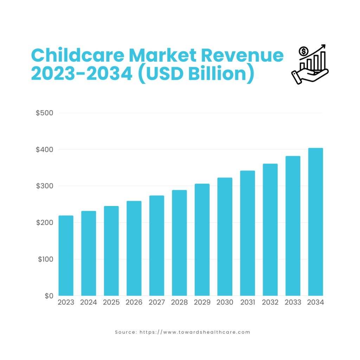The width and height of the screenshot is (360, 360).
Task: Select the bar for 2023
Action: [x=66, y=256]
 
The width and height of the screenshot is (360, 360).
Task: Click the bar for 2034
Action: [x=315, y=222]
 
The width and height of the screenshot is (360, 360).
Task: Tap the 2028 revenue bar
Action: [x=179, y=243]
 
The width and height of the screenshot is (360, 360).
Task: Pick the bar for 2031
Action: [x=247, y=233]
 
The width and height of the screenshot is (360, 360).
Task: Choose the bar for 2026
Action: [x=134, y=248]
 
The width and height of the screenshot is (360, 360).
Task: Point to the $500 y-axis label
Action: [x=44, y=113]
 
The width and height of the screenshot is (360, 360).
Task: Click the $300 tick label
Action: [x=44, y=186]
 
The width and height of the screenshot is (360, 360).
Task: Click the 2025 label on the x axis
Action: [x=111, y=303]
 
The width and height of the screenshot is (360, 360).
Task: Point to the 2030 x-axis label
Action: [x=225, y=303]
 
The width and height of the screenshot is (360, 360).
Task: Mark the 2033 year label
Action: [x=293, y=303]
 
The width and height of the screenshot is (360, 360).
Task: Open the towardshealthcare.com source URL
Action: [x=195, y=332]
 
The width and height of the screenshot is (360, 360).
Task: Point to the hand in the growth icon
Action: [x=308, y=77]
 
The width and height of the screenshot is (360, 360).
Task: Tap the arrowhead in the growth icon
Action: [x=323, y=46]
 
